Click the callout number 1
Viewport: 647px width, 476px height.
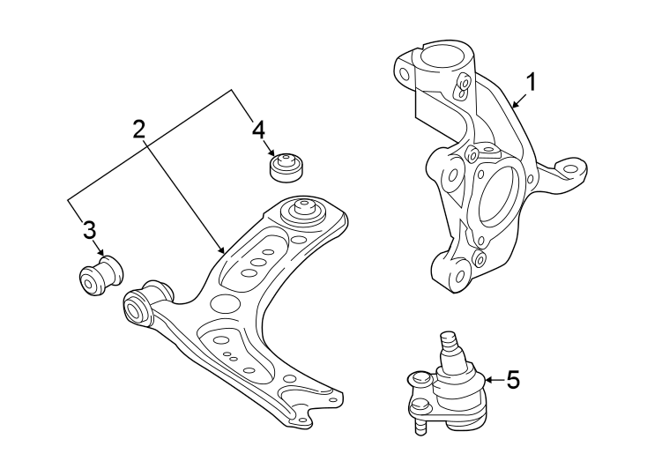tap(531, 82)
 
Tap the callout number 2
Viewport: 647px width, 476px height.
tap(138, 130)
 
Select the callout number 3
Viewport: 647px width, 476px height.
tap(89, 231)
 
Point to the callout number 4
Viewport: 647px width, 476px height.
tap(257, 130)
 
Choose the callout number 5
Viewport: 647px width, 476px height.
tap(513, 380)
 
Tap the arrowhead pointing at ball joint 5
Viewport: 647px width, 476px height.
tap(487, 380)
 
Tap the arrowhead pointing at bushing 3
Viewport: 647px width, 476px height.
tap(102, 254)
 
